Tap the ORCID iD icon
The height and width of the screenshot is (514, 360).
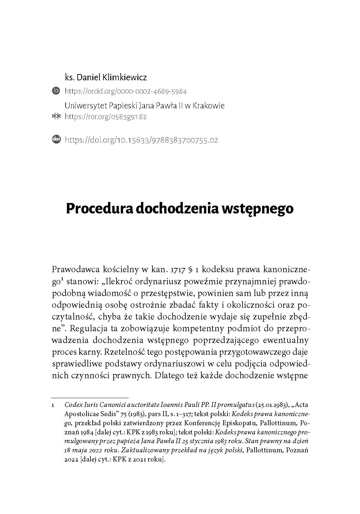pos(56,91)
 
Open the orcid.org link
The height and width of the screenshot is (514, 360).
pos(126,91)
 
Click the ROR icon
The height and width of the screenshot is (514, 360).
pos(56,116)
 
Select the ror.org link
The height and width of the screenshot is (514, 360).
pos(106,117)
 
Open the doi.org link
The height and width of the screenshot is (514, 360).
pos(141,140)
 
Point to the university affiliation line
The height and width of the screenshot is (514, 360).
pos(145,106)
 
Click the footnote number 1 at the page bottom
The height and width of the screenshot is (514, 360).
pos(53,405)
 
